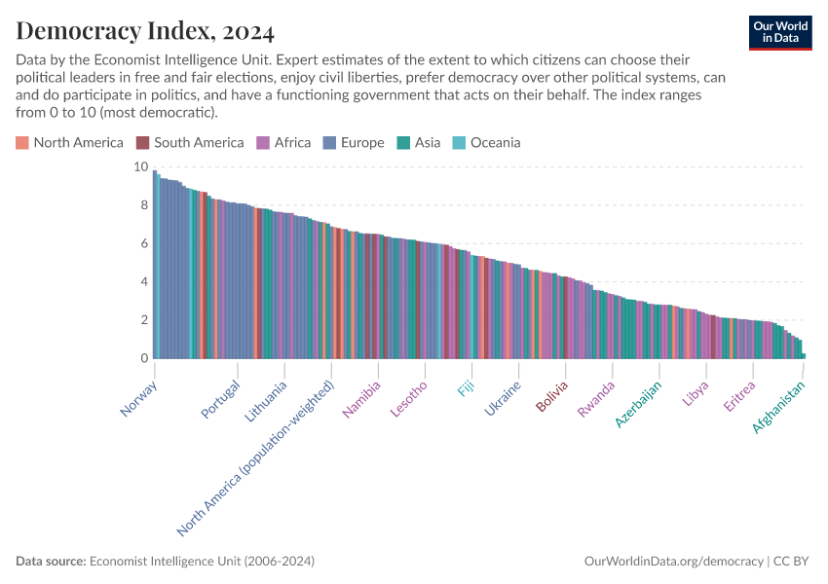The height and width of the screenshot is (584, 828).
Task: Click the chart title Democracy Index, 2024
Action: tap(145, 32)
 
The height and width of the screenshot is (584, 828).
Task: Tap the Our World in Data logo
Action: tap(780, 32)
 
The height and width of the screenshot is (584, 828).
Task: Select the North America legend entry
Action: tap(69, 143)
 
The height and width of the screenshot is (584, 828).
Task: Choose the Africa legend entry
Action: tap(283, 143)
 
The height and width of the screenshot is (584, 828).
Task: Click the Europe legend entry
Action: tap(354, 143)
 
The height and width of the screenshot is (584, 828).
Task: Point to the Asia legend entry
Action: tap(419, 143)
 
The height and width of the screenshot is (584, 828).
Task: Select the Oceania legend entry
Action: tap(487, 143)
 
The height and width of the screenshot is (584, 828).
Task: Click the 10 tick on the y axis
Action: tap(140, 167)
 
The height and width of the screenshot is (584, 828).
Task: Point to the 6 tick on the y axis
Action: tap(143, 244)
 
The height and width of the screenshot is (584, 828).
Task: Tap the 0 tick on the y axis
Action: tap(143, 359)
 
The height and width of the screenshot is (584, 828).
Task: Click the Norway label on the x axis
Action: tap(139, 398)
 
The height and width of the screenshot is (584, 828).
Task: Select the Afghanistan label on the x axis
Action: tap(779, 407)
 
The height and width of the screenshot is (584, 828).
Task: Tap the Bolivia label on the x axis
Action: tap(551, 397)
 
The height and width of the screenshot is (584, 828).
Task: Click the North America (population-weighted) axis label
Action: tap(256, 458)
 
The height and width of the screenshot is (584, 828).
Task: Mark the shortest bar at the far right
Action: tap(804, 356)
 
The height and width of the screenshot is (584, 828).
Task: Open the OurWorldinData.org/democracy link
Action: tap(674, 562)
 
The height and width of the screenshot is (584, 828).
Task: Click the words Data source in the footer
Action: tap(51, 562)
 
